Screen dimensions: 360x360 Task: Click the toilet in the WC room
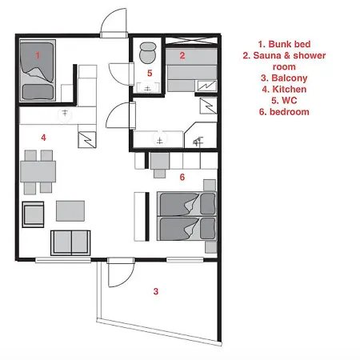pyautogui.click(x=147, y=53)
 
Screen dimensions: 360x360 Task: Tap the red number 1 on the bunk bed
pyautogui.click(x=38, y=55)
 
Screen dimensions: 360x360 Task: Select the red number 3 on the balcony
pyautogui.click(x=156, y=291)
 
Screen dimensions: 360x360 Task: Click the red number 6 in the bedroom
pyautogui.click(x=182, y=177)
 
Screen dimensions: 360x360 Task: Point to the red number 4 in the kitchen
pyautogui.click(x=43, y=138)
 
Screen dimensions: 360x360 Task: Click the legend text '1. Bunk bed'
pyautogui.click(x=284, y=44)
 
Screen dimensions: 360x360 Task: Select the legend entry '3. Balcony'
pyautogui.click(x=284, y=78)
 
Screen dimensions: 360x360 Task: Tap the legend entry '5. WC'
pyautogui.click(x=284, y=101)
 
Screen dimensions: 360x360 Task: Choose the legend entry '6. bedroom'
pyautogui.click(x=284, y=112)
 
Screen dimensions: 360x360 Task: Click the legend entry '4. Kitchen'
pyautogui.click(x=284, y=89)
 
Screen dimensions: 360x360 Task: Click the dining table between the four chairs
pyautogui.click(x=38, y=171)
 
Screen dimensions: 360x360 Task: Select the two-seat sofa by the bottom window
pyautogui.click(x=70, y=243)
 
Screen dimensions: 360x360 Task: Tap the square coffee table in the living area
pyautogui.click(x=70, y=211)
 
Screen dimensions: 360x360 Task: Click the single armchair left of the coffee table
pyautogui.click(x=33, y=214)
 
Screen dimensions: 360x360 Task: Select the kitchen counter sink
pyautogui.click(x=65, y=114)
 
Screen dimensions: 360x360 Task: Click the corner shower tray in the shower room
pyautogui.click(x=201, y=135)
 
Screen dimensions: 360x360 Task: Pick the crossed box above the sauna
pyautogui.click(x=191, y=41)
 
